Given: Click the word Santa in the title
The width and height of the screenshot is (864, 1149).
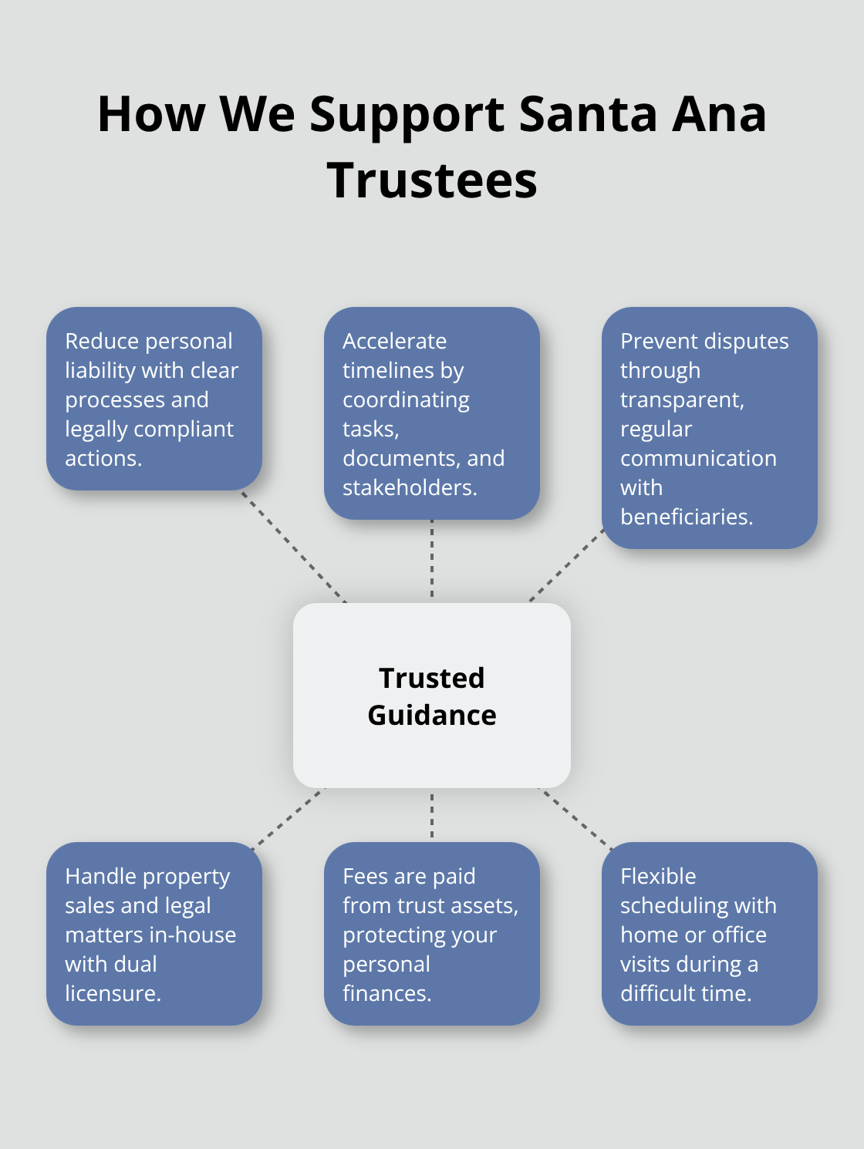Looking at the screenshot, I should click(587, 114).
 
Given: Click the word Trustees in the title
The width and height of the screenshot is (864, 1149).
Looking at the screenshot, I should click(432, 180).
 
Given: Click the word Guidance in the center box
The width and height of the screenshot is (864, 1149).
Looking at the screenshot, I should click(432, 716).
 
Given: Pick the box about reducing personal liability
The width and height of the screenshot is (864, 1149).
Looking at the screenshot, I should click(154, 399).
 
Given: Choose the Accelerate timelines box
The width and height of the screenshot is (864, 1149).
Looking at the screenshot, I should click(432, 413).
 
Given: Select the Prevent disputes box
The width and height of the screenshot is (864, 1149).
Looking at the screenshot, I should click(709, 428).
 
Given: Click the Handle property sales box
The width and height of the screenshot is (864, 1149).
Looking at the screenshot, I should click(154, 934).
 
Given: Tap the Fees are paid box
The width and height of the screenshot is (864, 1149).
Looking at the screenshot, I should click(432, 934).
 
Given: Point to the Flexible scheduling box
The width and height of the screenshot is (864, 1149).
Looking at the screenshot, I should click(709, 934).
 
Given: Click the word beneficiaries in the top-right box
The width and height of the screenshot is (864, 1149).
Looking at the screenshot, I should click(686, 517).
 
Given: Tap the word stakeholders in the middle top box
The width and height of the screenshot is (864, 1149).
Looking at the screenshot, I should click(409, 487).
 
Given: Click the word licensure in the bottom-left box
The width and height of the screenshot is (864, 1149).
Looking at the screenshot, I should click(112, 993).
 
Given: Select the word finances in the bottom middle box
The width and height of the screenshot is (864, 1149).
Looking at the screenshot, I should click(386, 993).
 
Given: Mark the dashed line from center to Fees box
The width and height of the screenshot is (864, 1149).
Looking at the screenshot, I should click(432, 814).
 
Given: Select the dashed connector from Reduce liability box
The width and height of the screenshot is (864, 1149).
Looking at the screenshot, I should click(294, 547).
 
